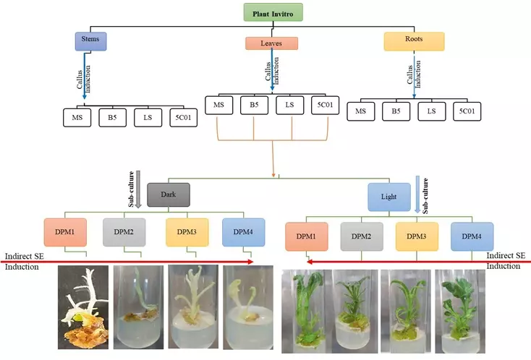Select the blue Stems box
click(x=90, y=40)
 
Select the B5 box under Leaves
click(x=253, y=106)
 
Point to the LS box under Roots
click(x=431, y=111)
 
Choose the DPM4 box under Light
click(x=472, y=236)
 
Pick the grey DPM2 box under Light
click(x=363, y=236)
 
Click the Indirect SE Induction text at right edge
click(x=506, y=261)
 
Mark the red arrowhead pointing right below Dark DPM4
click(x=250, y=262)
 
